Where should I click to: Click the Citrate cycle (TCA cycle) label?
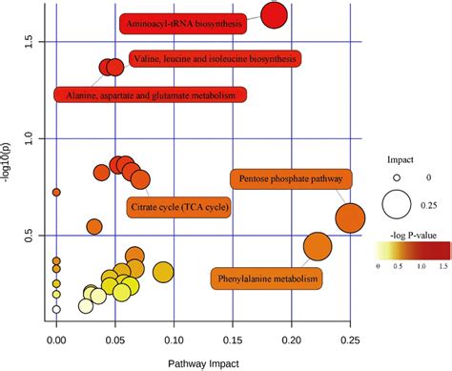click(178, 206)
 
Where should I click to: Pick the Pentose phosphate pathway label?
click(291, 179)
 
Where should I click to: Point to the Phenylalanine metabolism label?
click(265, 278)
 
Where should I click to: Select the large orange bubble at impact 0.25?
click(350, 218)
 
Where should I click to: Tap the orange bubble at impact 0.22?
click(317, 247)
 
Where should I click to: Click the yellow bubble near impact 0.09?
click(163, 274)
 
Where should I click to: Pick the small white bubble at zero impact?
click(56, 309)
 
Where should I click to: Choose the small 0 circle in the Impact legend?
click(398, 177)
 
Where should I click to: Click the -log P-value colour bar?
click(407, 251)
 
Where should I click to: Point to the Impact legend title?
click(400, 159)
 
